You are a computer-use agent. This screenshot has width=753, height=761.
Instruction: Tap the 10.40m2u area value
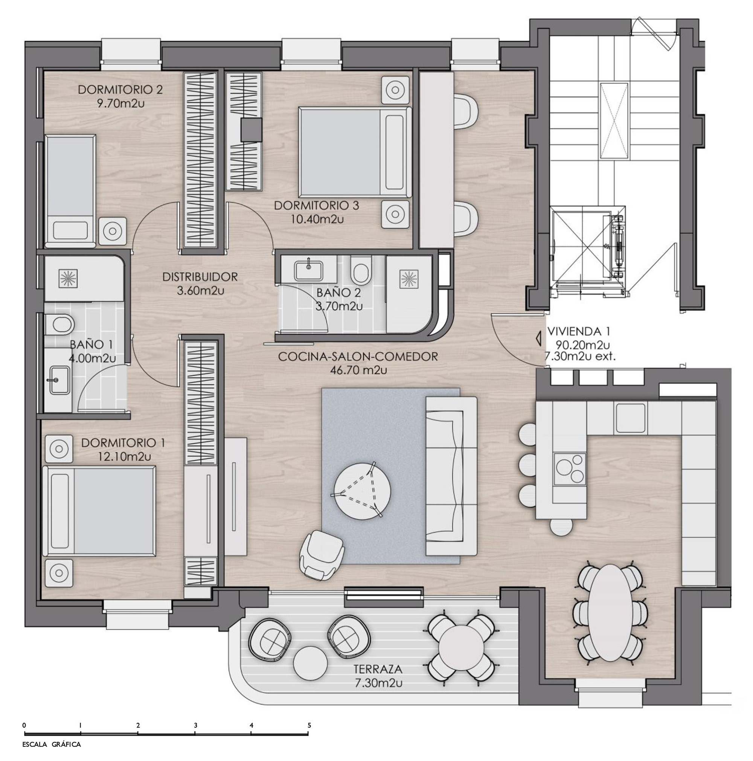pyautogui.click(x=317, y=219)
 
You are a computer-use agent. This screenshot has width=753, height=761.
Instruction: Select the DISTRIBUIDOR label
pyautogui.click(x=200, y=277)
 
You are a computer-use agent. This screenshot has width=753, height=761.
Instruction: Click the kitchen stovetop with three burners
pyautogui.click(x=569, y=469)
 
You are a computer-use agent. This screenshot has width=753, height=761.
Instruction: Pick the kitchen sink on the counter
pyautogui.click(x=631, y=418)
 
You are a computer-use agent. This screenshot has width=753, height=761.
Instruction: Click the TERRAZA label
pyautogui.click(x=378, y=669)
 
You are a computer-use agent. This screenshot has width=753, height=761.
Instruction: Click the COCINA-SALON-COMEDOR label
pyautogui.click(x=358, y=357)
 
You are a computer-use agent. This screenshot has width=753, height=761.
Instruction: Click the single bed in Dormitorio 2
pyautogui.click(x=70, y=191)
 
